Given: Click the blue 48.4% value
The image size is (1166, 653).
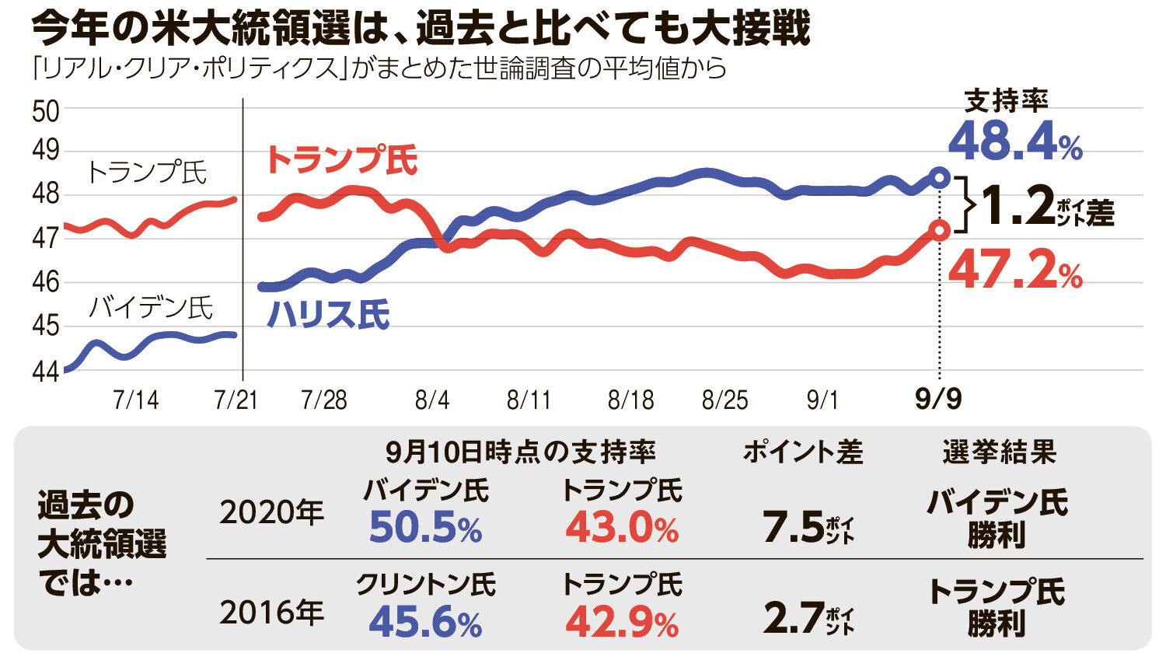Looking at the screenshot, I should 1014,142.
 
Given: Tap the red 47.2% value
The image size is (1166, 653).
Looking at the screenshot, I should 1015,271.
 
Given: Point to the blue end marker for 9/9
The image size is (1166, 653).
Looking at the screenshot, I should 940,177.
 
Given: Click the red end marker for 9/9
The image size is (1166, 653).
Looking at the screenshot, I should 940,230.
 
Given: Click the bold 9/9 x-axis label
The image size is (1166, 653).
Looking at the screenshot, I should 938,400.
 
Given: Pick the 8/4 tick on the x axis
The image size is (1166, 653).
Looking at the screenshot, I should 432,400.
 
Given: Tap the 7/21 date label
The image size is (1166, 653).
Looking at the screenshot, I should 236,400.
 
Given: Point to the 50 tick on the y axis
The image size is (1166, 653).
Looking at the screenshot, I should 46,112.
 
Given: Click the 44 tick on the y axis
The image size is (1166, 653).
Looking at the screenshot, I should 46,372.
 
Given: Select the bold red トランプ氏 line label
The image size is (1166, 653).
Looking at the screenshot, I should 341,160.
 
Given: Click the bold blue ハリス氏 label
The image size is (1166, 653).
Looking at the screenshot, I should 327,315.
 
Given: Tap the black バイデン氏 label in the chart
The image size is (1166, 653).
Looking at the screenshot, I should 150,308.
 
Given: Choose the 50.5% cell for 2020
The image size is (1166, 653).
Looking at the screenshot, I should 425,529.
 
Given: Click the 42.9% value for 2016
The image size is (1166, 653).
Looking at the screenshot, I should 621,622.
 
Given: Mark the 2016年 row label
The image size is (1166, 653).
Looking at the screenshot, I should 271,613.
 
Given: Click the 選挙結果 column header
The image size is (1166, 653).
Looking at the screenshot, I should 999,452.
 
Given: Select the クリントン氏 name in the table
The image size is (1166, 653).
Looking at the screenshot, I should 425,585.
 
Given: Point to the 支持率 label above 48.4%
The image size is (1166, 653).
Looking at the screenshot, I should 1006,100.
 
